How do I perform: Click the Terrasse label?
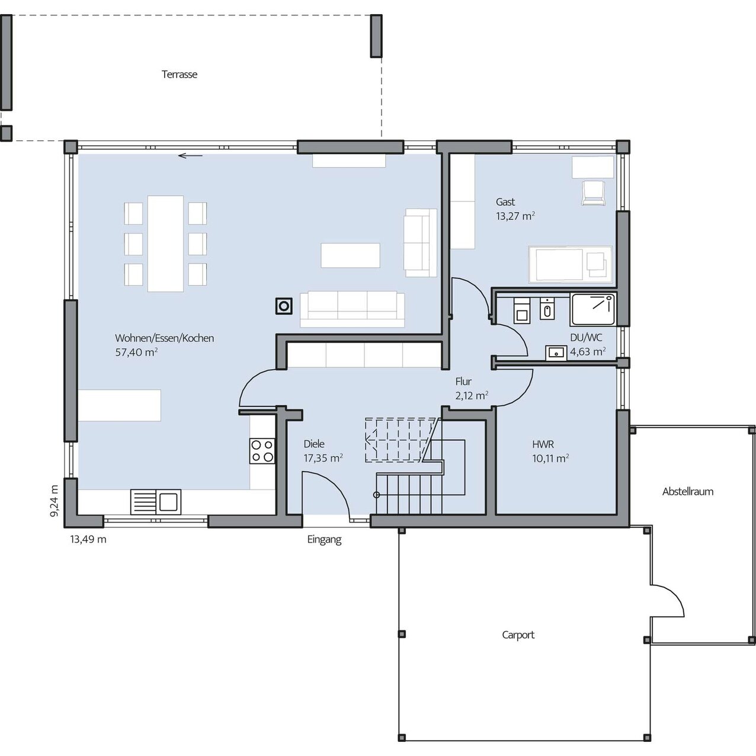tap(180, 75)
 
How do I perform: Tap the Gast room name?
tap(505, 202)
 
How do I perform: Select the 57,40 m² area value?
tap(136, 352)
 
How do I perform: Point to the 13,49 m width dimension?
tap(88, 539)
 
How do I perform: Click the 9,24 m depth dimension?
tap(54, 501)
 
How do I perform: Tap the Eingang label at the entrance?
tap(324, 540)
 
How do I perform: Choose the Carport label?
tap(518, 635)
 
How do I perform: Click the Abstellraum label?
tap(688, 492)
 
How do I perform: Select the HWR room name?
tap(543, 444)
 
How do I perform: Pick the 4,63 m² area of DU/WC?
tap(588, 351)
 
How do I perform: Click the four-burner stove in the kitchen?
tap(262, 451)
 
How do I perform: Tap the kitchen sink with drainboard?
tap(156, 502)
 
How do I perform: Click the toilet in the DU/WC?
tap(522, 310)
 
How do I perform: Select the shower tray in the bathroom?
tap(593, 309)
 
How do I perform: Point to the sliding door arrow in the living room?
tap(190, 156)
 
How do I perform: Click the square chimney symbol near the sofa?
tap(284, 306)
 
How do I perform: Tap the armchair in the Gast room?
tap(593, 193)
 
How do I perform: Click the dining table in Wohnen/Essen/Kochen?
tap(165, 244)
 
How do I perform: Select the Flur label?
tap(463, 382)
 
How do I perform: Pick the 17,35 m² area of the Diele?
tap(323, 458)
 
